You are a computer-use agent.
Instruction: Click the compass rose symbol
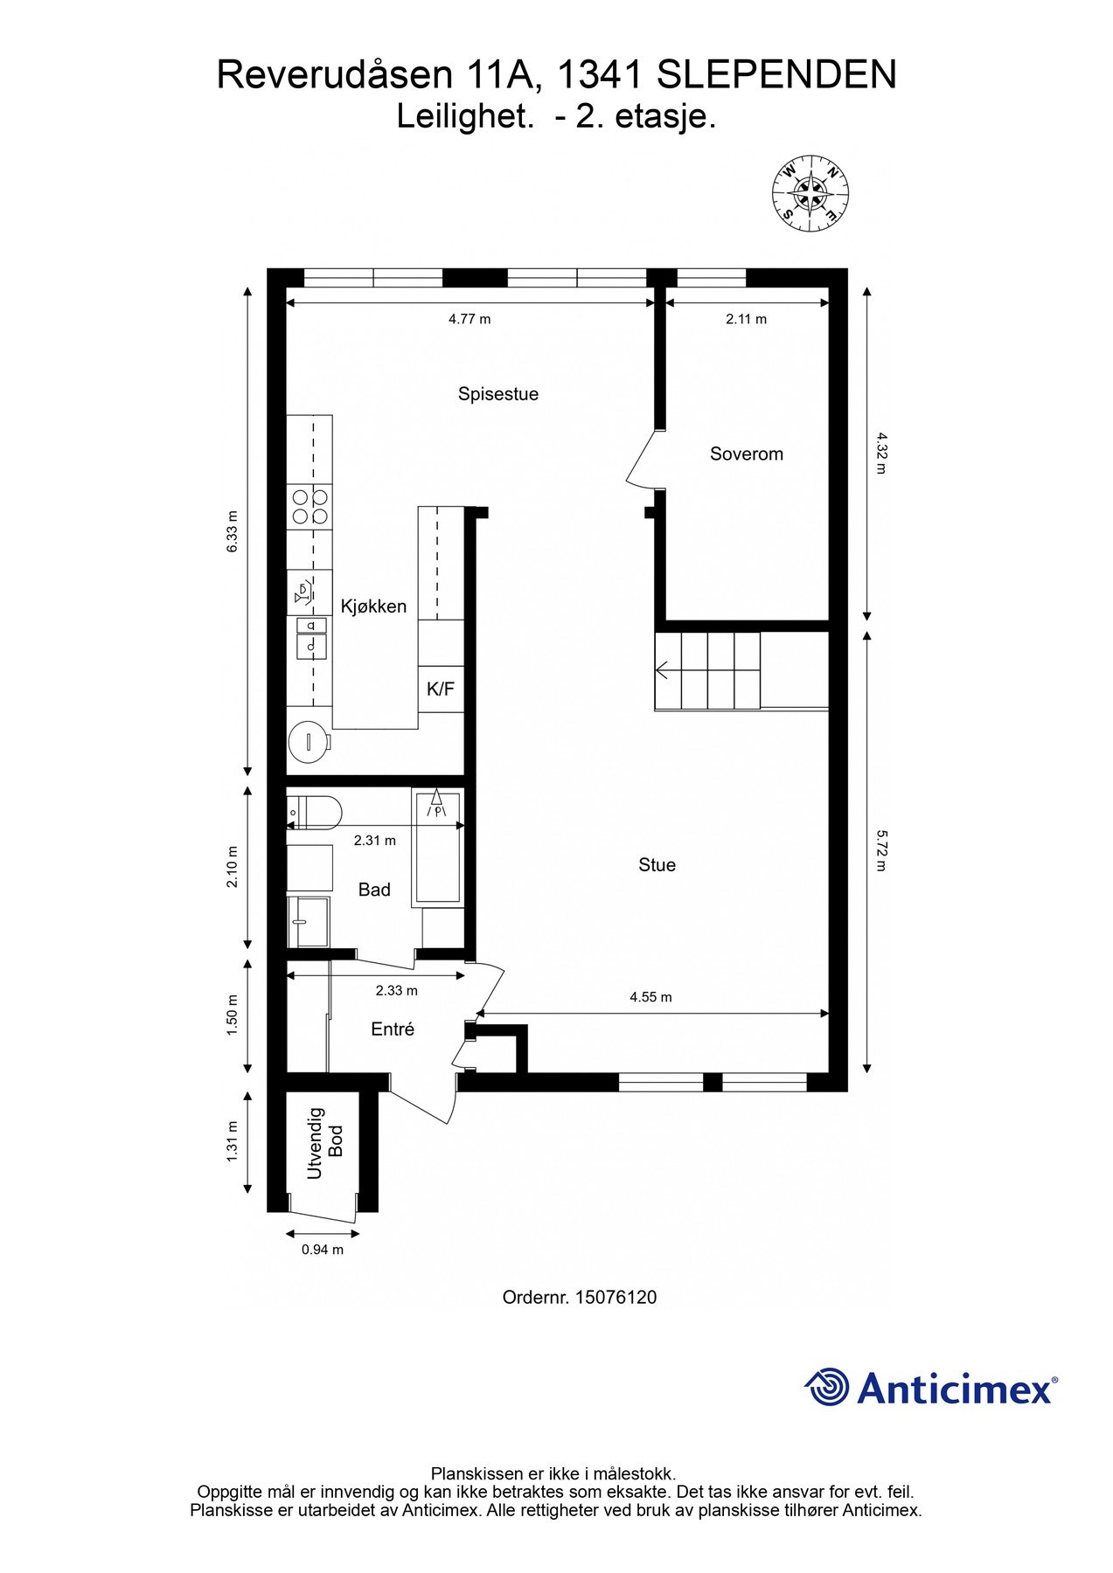tap(810, 194)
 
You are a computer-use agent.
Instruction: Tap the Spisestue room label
tap(497, 394)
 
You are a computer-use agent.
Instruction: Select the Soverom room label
tap(746, 454)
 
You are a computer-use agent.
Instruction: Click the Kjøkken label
tap(373, 606)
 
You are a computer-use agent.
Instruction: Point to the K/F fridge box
tap(440, 689)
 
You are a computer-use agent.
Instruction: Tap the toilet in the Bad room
tap(315, 813)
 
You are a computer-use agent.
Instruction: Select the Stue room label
tap(657, 865)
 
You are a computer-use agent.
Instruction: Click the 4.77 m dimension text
tap(470, 319)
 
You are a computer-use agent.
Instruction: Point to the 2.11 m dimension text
tap(746, 319)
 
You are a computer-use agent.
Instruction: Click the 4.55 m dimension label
tap(650, 997)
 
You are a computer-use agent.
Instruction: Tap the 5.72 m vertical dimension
tap(881, 850)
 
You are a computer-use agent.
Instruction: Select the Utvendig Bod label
tap(325, 1143)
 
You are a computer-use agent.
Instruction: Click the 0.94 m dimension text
tap(322, 1250)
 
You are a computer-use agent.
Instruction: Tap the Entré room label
tap(392, 1029)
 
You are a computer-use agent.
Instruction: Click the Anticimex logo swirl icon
tap(826, 1387)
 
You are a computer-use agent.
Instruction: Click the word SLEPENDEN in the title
tap(776, 75)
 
